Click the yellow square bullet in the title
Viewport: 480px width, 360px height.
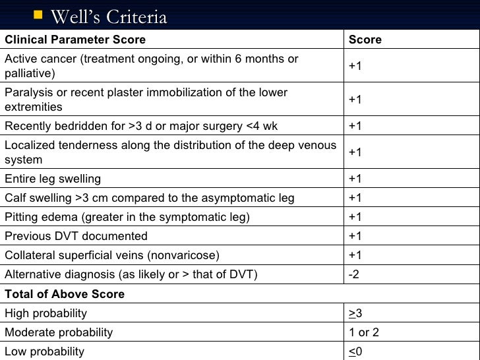coord(38,13)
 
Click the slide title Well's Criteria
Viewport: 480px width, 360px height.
coord(109,16)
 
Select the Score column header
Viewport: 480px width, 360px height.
coord(365,40)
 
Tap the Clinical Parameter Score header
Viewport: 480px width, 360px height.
coord(75,40)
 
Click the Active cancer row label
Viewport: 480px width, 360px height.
coord(151,66)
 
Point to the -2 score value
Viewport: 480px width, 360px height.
coord(354,274)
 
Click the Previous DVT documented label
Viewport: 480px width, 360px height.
coord(76,236)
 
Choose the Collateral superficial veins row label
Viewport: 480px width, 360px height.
coord(112,255)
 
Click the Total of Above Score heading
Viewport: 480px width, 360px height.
coord(65,294)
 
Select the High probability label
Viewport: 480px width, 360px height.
coord(45,313)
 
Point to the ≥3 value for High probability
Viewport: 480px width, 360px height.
coord(355,313)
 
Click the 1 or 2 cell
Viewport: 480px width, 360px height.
coord(364,332)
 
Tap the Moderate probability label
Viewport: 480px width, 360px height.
coord(59,332)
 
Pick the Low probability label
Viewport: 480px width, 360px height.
coord(44,351)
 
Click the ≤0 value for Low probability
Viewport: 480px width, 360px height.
coord(355,351)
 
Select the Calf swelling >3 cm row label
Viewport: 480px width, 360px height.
coord(150,198)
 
